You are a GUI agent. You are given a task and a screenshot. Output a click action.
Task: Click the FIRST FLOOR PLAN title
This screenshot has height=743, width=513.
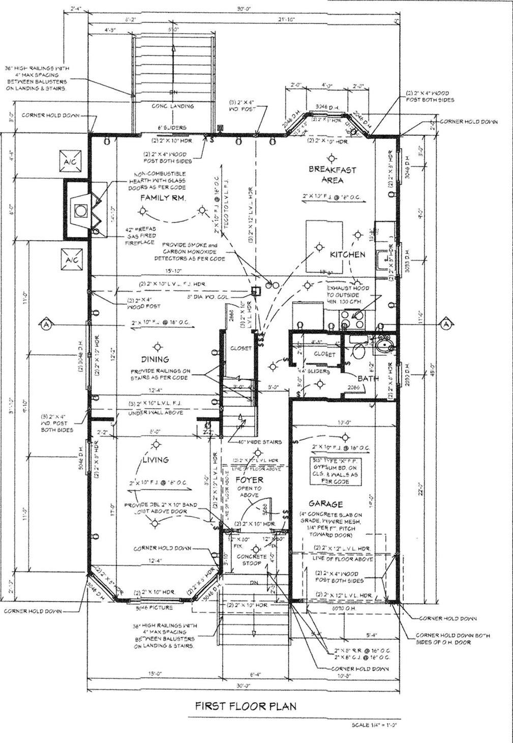click(246, 706)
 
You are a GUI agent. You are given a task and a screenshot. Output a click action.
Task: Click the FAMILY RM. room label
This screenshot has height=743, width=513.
click(163, 197)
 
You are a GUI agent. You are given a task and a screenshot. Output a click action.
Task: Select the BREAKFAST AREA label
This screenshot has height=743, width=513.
click(332, 175)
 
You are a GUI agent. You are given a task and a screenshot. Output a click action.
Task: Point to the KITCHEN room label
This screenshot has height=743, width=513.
click(347, 254)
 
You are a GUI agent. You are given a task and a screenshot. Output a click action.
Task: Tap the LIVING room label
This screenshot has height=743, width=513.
click(155, 460)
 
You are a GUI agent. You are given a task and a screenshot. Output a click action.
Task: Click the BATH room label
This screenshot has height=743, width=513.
click(368, 379)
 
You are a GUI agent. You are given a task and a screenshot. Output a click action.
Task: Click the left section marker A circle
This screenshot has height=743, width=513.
click(46, 324)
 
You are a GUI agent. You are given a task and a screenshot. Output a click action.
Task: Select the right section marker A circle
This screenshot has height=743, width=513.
click(446, 324)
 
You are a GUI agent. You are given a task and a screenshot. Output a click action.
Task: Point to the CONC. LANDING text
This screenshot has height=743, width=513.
click(173, 106)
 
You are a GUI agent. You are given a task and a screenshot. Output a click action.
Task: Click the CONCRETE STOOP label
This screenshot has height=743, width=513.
click(252, 560)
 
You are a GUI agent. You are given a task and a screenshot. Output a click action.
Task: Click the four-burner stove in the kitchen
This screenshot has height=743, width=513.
click(352, 319)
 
